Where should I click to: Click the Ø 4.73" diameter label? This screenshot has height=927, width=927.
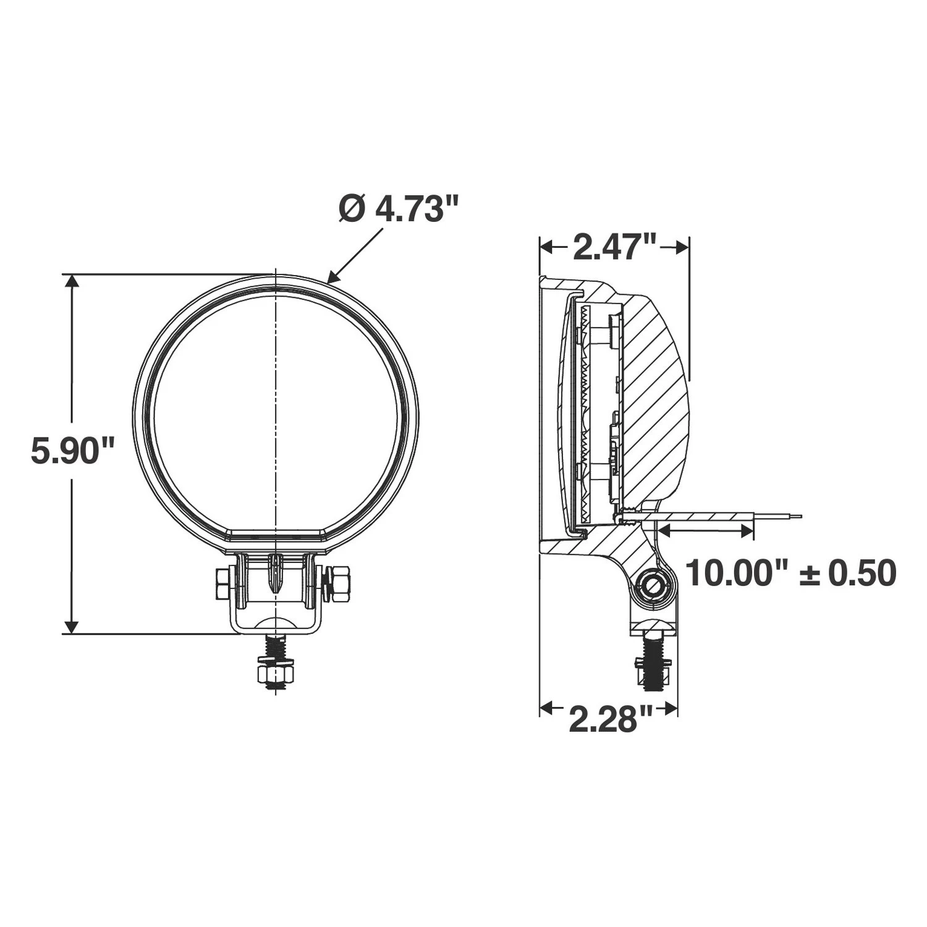coord(399,210)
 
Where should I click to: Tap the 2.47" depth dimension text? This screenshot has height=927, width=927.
coord(614,247)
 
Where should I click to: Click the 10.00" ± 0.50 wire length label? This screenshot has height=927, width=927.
coord(791,574)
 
